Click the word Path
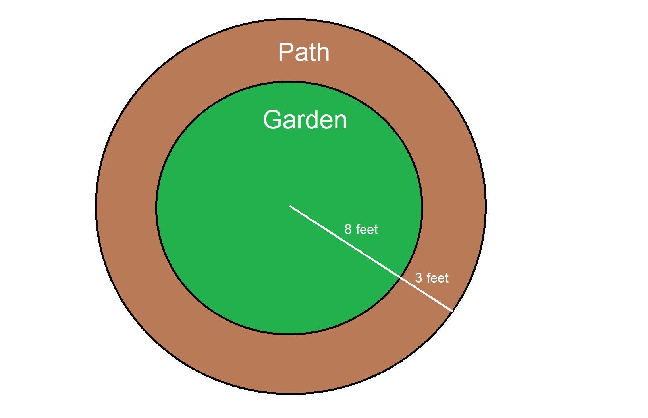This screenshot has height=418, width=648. click(304, 52)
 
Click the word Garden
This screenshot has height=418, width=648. click(305, 119)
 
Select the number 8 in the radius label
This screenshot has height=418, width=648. click(348, 229)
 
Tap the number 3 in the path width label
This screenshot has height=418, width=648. click(419, 278)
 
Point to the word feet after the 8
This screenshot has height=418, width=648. click(366, 229)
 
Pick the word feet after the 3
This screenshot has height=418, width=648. click(437, 278)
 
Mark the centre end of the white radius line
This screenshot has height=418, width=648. click(290, 206)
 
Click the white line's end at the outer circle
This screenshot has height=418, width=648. click(453, 311)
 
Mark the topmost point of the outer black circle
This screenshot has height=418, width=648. click(291, 19)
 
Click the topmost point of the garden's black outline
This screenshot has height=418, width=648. click(289, 82)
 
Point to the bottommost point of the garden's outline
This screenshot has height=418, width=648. click(289, 334)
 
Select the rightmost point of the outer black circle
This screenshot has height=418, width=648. click(486, 206)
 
